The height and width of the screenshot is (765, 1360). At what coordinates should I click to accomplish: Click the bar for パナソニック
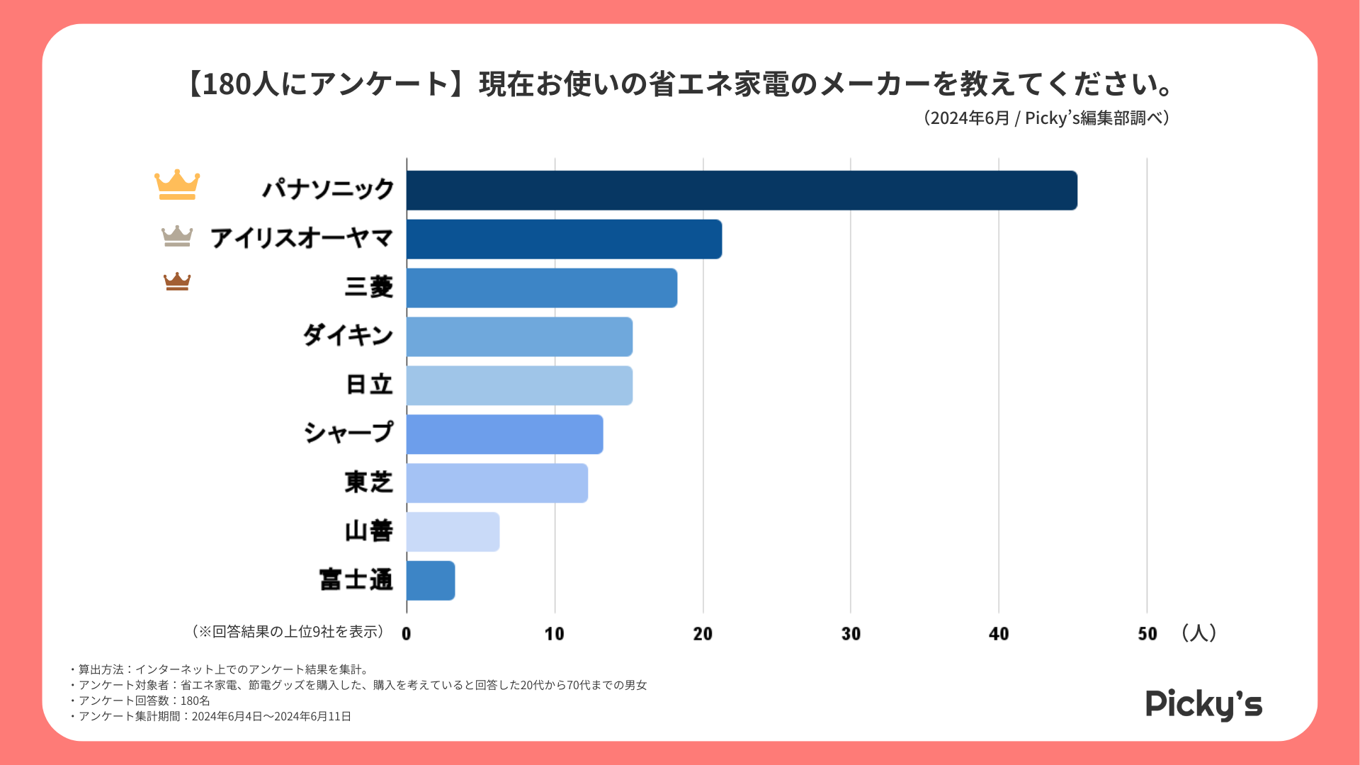742,191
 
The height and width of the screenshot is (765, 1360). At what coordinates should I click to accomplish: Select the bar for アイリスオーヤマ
564,239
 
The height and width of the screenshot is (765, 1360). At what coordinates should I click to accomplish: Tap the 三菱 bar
542,288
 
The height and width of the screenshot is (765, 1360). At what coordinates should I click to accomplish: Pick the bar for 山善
453,532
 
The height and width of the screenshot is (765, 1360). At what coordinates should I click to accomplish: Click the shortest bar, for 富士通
431,581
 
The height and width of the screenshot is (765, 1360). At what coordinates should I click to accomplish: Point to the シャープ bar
504,434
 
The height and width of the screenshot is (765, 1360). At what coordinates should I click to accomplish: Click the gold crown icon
177,185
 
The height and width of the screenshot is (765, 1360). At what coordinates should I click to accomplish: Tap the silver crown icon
177,236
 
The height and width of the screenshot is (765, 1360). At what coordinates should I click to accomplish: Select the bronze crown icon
177,282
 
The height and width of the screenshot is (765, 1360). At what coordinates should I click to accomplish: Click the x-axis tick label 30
851,634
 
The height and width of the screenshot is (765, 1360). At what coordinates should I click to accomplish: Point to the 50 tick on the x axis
1147,634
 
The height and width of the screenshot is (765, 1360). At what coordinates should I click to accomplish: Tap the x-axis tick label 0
407,634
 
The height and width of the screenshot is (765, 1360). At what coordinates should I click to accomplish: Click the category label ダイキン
348,335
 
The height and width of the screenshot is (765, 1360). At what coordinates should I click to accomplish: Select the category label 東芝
368,482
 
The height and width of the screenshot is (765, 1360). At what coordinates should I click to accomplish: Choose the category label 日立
368,385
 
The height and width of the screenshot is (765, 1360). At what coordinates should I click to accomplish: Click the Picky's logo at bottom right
1203,705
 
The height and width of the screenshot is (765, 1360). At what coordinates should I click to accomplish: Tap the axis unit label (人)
1198,633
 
